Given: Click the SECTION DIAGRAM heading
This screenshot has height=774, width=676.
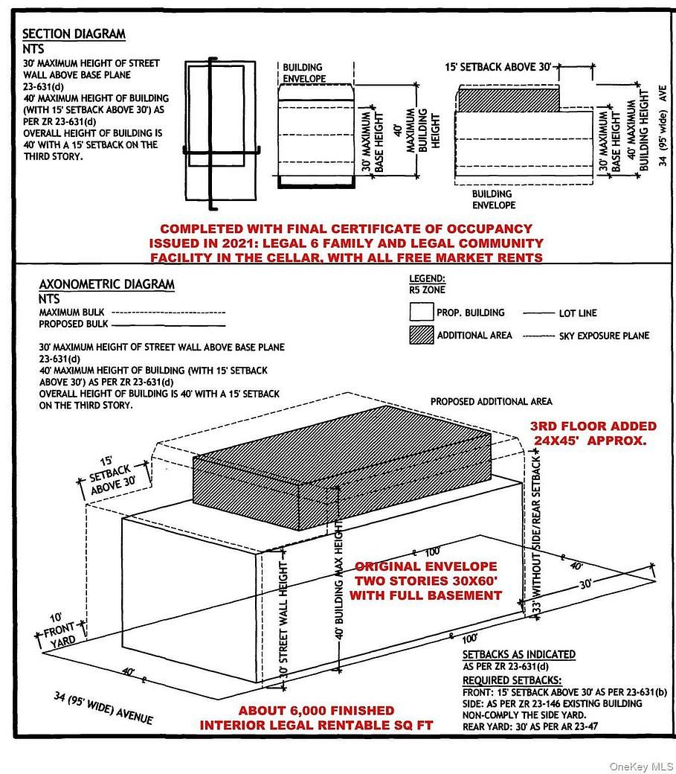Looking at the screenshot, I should click(x=74, y=34).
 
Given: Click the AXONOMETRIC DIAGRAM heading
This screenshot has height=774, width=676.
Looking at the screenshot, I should click(x=106, y=284).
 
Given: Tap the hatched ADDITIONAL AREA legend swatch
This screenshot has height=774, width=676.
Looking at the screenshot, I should click(x=420, y=335).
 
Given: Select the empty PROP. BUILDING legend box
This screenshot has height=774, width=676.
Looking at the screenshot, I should click(x=420, y=313).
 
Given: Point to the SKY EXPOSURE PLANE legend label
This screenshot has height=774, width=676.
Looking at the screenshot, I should click(x=604, y=336).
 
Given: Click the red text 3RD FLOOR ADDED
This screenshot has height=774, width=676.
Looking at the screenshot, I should click(x=593, y=426).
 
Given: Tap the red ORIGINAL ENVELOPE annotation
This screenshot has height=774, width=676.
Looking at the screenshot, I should click(x=425, y=566).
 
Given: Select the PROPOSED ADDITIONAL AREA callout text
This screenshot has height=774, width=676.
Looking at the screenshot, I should click(x=491, y=402).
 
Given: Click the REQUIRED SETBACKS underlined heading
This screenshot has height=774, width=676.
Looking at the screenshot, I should click(x=512, y=680).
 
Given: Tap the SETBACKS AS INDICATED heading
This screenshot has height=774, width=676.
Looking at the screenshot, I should click(x=518, y=654).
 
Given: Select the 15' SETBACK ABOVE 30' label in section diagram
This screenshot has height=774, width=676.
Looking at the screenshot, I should click(x=498, y=67).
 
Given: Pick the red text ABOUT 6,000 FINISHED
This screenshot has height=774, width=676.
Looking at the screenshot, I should click(x=317, y=711).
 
